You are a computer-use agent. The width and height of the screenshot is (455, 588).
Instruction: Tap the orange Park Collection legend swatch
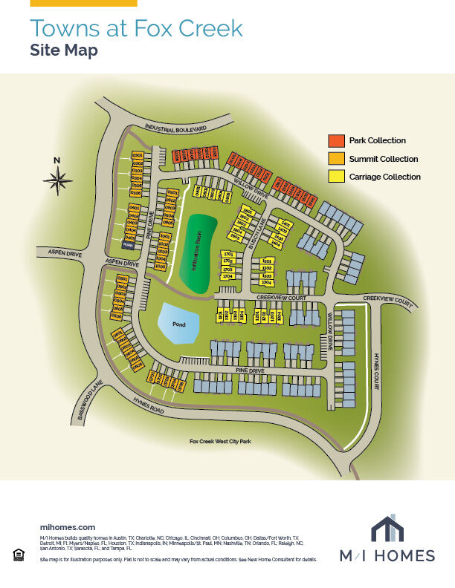tap(336, 140)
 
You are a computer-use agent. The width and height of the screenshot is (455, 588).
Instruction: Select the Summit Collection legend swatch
tap(336, 159)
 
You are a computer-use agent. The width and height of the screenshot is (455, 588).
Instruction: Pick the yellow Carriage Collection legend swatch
tap(336, 177)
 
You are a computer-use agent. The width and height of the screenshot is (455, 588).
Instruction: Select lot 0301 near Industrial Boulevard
tap(137, 154)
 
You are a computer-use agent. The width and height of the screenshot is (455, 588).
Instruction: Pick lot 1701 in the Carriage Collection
tap(228, 254)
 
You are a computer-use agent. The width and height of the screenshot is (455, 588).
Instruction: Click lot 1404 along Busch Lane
tap(276, 244)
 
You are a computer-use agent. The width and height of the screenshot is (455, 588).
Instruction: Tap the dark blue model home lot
tap(128, 244)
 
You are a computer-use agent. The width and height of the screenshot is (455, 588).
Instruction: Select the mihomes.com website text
tap(67, 526)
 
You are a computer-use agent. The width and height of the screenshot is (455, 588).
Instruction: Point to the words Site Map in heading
tap(63, 51)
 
